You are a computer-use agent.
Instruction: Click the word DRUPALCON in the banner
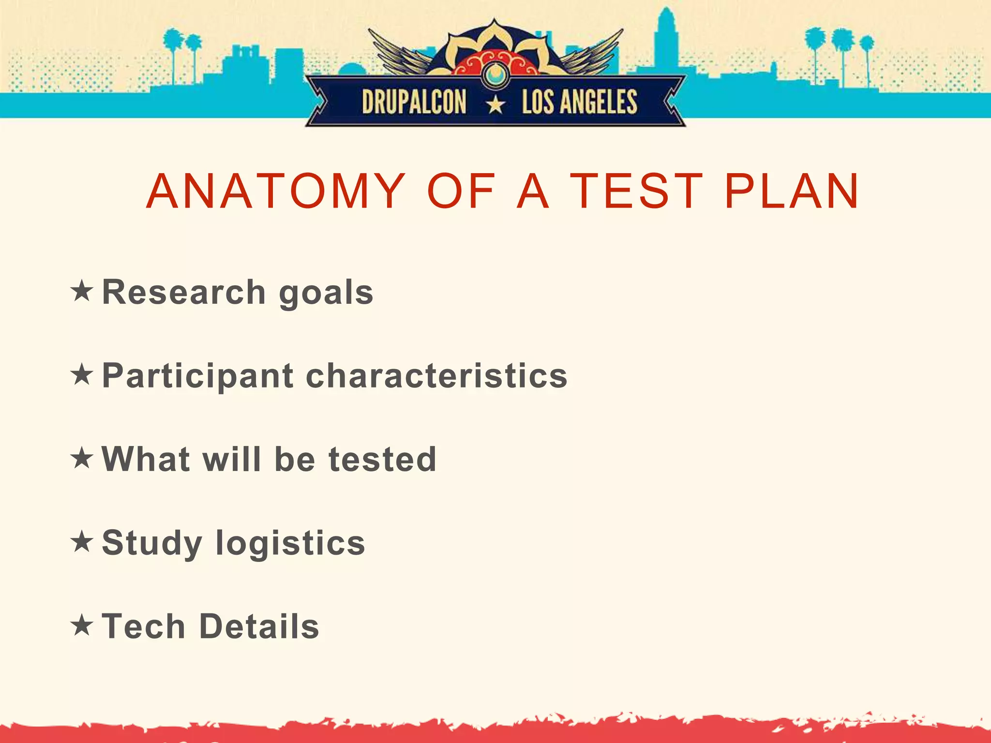(414, 102)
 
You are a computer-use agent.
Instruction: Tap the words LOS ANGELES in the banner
(579, 102)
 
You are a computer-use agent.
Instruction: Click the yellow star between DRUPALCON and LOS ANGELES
(495, 104)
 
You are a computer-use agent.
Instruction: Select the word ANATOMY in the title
(276, 192)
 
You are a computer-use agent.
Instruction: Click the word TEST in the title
(636, 192)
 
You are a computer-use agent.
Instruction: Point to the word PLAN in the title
(792, 192)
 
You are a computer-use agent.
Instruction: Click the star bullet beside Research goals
(81, 291)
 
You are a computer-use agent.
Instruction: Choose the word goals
(326, 294)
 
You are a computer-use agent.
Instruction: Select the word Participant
(198, 376)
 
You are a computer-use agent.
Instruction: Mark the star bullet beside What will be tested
(81, 458)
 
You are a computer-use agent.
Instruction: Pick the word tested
(382, 459)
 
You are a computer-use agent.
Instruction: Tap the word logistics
(290, 544)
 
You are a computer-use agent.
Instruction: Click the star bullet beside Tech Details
(81, 625)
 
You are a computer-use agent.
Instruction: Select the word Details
(259, 626)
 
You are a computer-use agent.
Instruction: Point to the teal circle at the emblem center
(495, 74)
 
